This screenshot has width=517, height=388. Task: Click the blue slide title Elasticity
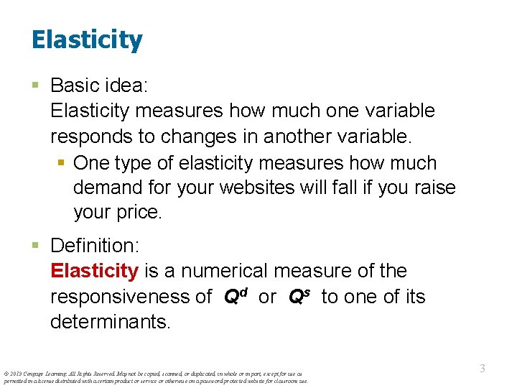click(87, 40)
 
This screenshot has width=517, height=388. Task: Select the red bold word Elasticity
click(94, 271)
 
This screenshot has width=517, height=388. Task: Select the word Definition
click(94, 245)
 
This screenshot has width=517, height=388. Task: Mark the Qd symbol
click(236, 296)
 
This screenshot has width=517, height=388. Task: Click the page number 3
click(483, 369)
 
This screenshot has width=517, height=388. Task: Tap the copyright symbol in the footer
click(6, 374)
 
